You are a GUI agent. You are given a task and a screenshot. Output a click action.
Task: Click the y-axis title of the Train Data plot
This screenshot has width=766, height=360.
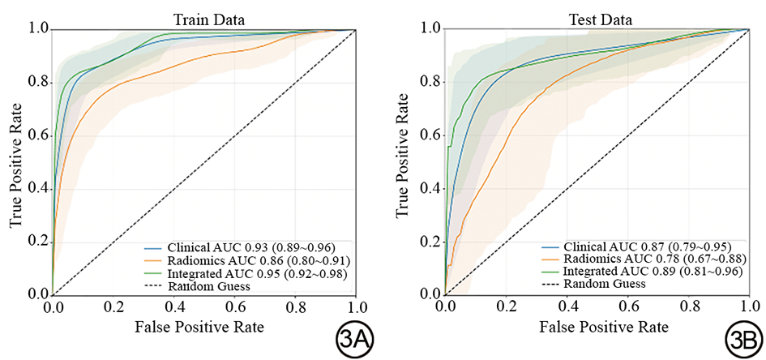click(14, 162)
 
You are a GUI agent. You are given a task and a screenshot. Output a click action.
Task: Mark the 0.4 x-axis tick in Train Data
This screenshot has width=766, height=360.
click(173, 307)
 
